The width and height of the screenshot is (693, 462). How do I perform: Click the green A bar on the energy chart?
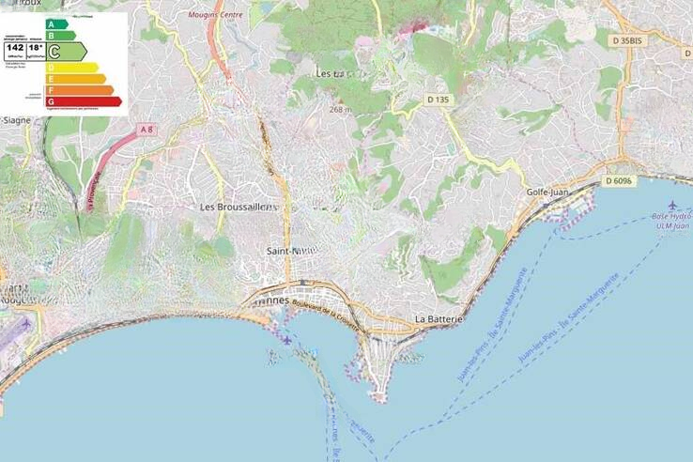coord(57,23)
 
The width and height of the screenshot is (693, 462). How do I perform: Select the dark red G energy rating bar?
coord(83,101)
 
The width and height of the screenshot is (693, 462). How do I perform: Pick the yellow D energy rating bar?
coord(71,68)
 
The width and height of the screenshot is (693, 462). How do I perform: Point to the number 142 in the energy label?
coord(15,46)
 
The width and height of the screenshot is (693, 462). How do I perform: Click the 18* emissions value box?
coord(35,46)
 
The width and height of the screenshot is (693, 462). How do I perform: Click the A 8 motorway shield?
coord(146,128)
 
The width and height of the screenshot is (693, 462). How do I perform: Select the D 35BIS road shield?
coord(625,41)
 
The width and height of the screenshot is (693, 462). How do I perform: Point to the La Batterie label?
coord(439,320)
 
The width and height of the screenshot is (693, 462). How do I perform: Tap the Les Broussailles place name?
coord(239,206)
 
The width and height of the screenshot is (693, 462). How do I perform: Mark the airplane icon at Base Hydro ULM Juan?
coord(672,206)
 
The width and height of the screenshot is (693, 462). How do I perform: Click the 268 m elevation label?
coord(340,110)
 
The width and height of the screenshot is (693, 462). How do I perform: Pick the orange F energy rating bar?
coord(79,90)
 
